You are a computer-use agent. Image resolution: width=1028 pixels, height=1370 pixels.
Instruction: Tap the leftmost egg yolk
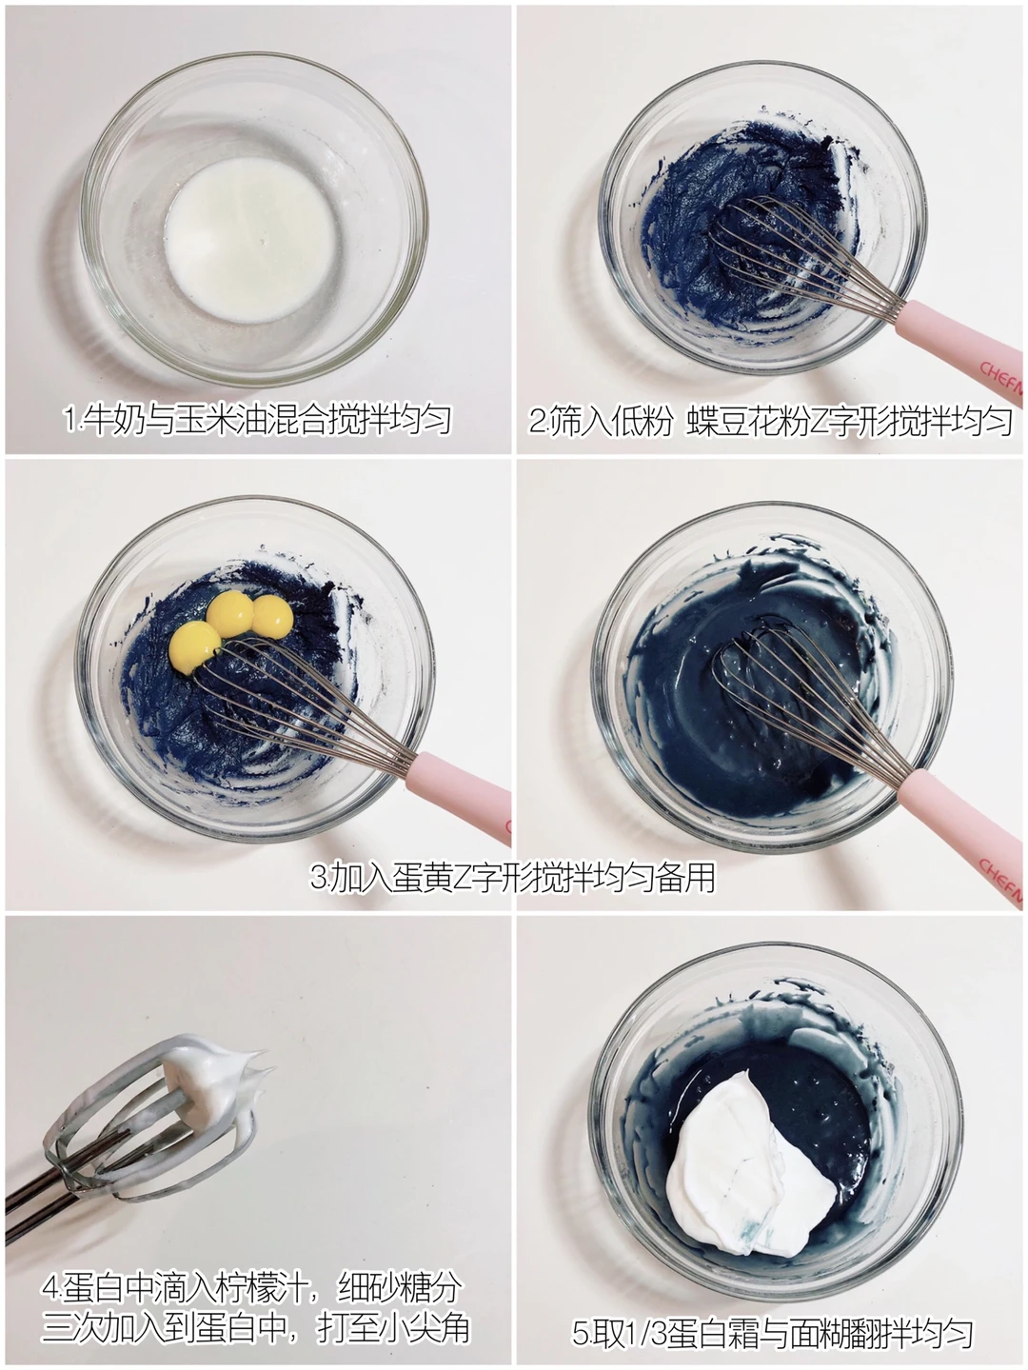pos(194,647)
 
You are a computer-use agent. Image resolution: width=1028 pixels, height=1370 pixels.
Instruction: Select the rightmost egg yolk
pos(272,616)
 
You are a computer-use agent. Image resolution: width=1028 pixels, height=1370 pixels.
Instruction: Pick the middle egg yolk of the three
pos(229,614)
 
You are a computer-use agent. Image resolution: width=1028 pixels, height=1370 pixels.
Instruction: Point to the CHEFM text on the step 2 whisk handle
pos(1001,378)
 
